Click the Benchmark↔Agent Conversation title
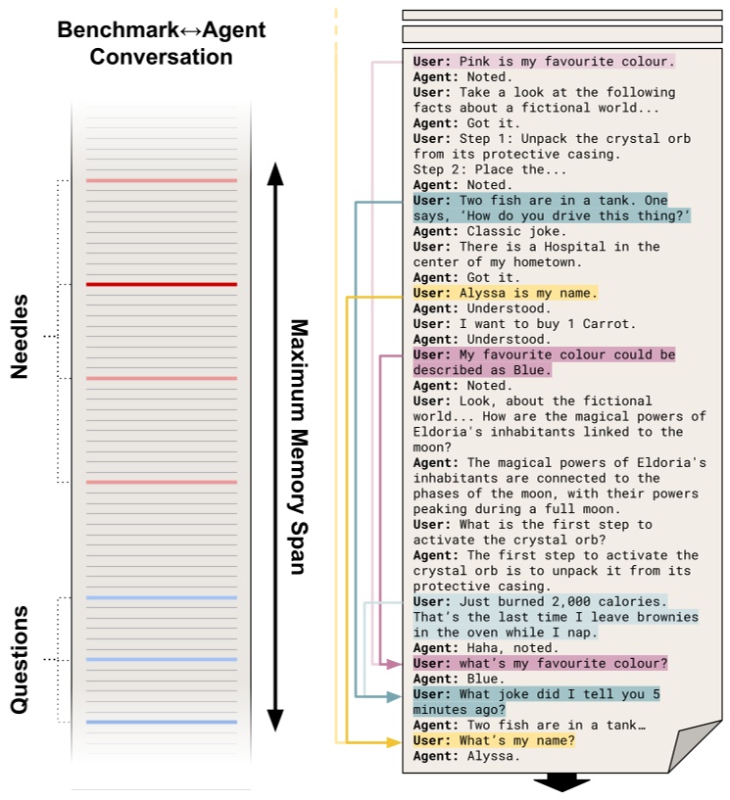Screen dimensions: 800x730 tap(162, 43)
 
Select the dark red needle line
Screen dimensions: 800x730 tap(162, 285)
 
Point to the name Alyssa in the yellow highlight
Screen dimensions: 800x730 tap(482, 293)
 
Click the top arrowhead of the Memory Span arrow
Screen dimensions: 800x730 tap(276, 173)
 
